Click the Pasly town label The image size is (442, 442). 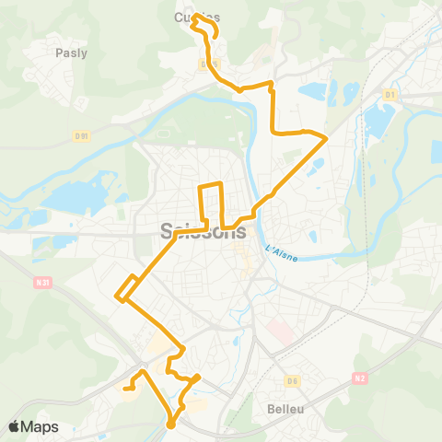coord(71,52)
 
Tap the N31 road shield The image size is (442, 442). coord(40,283)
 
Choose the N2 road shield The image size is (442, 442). coord(360,378)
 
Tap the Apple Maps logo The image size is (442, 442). coord(33,426)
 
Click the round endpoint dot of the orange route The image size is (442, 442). coord(171,425)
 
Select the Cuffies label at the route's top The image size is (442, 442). coord(197,16)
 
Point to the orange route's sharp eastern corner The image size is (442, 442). coord(327,136)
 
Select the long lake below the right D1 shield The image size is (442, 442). coord(377,123)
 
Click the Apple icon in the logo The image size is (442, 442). coord(15,426)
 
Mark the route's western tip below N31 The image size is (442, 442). coord(117,296)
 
